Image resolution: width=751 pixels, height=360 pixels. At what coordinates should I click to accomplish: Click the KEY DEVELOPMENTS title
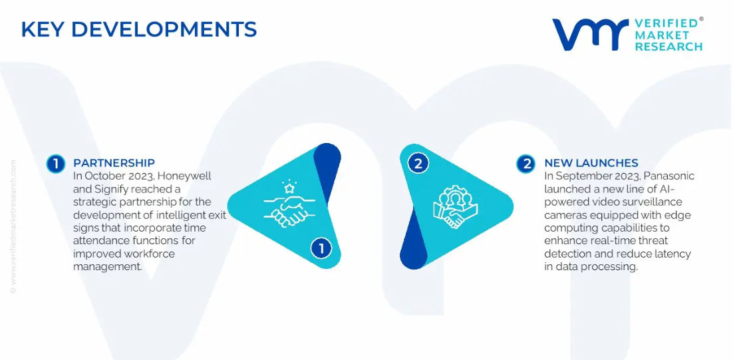click(139, 30)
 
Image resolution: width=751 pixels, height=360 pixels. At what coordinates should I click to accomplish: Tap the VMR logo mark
click(590, 35)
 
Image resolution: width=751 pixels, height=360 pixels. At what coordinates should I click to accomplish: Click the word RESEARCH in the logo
click(668, 47)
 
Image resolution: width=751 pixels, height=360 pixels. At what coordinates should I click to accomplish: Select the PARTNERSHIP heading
click(114, 163)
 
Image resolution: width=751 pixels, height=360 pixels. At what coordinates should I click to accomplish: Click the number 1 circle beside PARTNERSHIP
click(56, 164)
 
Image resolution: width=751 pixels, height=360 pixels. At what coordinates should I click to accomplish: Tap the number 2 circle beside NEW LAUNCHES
click(526, 164)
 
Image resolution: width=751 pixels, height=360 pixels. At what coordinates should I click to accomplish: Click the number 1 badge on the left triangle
click(321, 248)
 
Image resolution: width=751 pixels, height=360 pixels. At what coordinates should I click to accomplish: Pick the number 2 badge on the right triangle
click(418, 164)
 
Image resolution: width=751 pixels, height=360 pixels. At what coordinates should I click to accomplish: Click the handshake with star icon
click(286, 204)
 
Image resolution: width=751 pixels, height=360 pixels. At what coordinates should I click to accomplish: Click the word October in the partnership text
click(102, 176)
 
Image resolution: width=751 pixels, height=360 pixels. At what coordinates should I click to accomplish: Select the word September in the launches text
click(579, 176)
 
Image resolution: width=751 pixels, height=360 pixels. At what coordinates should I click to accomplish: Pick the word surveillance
click(652, 202)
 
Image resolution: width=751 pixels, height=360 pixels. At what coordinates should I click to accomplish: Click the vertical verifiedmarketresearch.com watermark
click(13, 226)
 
